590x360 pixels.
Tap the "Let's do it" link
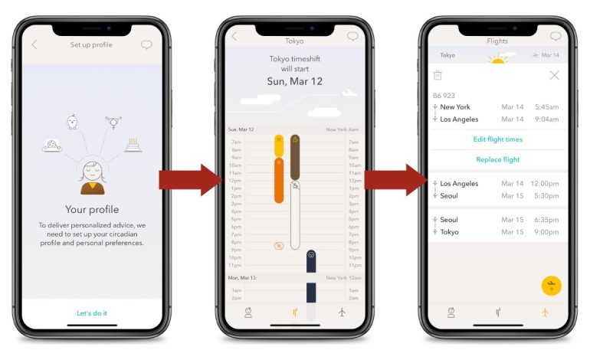click(x=92, y=313)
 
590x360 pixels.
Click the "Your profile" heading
click(x=92, y=209)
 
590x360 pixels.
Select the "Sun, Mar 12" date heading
click(x=295, y=80)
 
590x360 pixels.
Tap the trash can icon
click(x=438, y=75)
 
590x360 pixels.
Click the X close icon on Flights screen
click(x=554, y=75)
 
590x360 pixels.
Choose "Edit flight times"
click(x=497, y=139)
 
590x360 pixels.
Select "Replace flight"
click(x=497, y=159)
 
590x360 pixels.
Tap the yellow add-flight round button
click(x=550, y=286)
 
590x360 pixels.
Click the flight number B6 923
click(x=444, y=96)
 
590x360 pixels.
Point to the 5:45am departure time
click(x=546, y=107)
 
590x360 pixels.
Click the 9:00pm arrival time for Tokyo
click(x=546, y=232)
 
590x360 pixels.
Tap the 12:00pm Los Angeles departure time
click(x=545, y=184)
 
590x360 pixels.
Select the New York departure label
click(x=455, y=107)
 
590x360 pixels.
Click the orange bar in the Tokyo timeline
click(x=279, y=180)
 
